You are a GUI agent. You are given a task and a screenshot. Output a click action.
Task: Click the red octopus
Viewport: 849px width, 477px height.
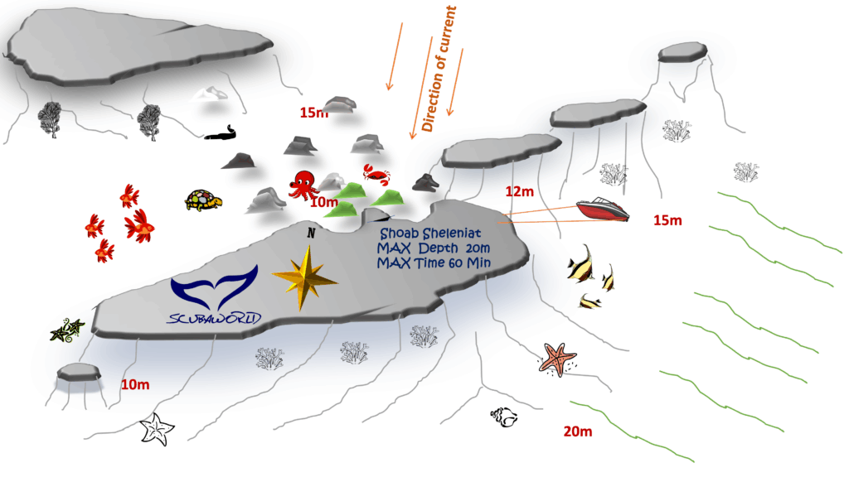[303, 184]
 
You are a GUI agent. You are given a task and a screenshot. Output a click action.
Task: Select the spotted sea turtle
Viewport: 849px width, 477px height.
[203, 200]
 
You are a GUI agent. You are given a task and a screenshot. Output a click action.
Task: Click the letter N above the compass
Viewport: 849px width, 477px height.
[311, 234]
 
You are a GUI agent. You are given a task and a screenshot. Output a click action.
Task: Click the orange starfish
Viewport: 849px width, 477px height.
[557, 359]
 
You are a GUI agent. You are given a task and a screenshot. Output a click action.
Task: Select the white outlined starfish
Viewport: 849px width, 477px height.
[157, 428]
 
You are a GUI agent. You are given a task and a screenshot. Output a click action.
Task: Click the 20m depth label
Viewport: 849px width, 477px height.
[578, 431]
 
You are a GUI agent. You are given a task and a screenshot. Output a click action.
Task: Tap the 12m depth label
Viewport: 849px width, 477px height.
[518, 192]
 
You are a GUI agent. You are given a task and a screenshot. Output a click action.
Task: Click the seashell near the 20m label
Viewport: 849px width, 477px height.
[502, 417]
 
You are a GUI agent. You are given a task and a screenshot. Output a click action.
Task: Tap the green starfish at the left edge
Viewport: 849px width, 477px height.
[66, 330]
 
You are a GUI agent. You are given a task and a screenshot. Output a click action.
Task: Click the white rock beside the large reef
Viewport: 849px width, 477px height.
[210, 93]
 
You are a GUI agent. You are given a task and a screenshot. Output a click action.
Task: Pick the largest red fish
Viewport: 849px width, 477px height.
[140, 224]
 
